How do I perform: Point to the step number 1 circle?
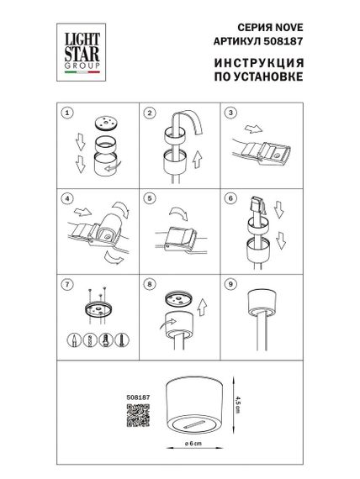click(69, 113)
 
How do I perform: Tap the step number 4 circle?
click(69, 200)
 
